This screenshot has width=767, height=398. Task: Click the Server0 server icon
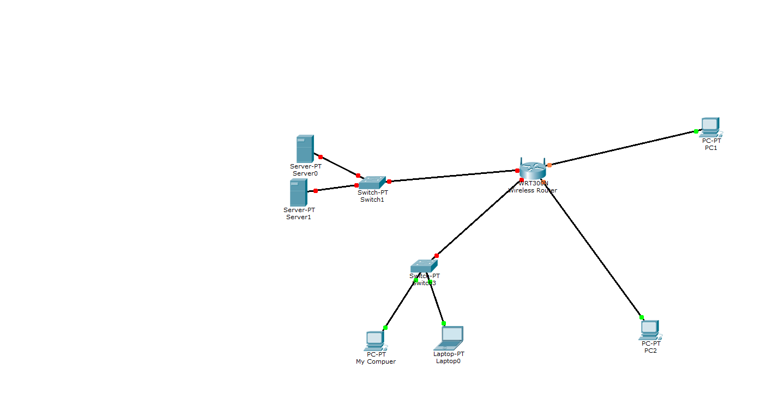click(x=305, y=149)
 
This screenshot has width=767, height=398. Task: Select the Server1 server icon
click(x=298, y=192)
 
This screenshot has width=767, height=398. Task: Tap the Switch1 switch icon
click(x=372, y=182)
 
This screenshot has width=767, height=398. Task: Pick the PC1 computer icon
click(x=710, y=127)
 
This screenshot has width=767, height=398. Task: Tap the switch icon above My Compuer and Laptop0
click(x=424, y=266)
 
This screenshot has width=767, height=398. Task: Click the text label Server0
click(x=305, y=173)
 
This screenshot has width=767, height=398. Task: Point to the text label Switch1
click(x=372, y=200)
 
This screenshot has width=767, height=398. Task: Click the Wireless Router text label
click(x=533, y=191)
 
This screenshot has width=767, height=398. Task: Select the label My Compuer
click(x=376, y=361)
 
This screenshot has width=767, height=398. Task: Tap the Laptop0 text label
click(x=449, y=361)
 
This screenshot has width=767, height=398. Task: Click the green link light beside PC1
click(x=696, y=131)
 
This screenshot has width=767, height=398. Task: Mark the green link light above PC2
click(x=642, y=317)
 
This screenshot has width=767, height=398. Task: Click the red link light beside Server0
click(x=321, y=157)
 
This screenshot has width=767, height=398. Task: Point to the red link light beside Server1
click(x=316, y=191)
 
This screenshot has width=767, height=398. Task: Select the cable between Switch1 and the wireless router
click(x=452, y=176)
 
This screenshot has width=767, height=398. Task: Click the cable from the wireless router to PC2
click(x=594, y=251)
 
